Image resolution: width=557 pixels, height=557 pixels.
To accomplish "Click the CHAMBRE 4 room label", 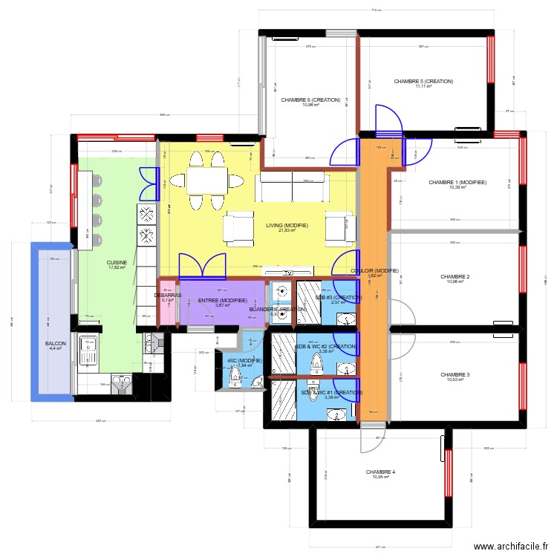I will coord(380,472).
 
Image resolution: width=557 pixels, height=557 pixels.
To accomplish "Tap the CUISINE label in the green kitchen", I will coord(117,262).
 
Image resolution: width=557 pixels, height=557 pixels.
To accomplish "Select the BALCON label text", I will coord(55,344).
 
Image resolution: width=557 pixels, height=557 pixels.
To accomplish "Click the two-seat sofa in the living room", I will coord(291,187).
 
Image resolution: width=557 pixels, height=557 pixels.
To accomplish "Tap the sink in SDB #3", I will coord(346,319).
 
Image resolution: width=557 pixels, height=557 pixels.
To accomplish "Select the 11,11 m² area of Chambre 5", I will coord(423,87).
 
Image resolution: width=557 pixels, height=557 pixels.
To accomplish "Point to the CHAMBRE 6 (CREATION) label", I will coord(310,100).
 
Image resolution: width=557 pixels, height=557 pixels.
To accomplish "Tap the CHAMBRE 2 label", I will coord(455,277).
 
